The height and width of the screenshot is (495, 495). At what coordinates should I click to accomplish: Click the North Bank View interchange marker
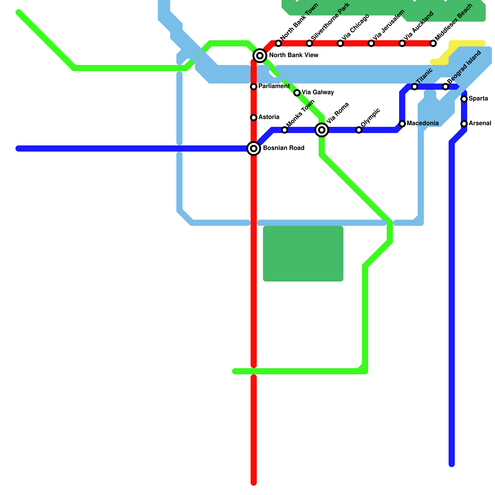[x=260, y=56]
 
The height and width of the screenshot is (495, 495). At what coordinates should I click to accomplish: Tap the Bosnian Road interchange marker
[x=254, y=148]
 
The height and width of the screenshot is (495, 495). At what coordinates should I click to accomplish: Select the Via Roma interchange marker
[x=322, y=130]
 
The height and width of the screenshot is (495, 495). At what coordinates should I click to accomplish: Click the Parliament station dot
[x=254, y=87]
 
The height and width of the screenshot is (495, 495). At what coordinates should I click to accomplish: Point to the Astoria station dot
[x=254, y=118]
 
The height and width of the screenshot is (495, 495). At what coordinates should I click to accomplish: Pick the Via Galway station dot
[x=297, y=93]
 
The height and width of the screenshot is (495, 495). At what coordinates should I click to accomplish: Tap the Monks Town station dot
[x=285, y=130]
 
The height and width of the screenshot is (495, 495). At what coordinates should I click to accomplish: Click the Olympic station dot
[x=359, y=130]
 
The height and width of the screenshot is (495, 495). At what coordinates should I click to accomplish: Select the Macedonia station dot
[x=402, y=124]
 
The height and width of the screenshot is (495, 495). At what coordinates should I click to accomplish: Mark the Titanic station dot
[x=415, y=87]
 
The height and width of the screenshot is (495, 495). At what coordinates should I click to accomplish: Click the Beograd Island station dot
[x=445, y=87]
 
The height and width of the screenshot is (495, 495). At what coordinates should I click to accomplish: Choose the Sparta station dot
[x=464, y=99]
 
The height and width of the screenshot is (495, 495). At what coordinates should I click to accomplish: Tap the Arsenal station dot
[x=464, y=124]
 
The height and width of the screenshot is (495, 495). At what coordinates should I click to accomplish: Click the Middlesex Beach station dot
[x=433, y=43]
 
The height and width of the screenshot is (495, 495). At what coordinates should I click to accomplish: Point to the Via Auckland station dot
[x=402, y=43]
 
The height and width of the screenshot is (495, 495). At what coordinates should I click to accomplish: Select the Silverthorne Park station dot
[x=309, y=43]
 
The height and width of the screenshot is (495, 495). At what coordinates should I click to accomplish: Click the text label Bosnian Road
[x=284, y=148]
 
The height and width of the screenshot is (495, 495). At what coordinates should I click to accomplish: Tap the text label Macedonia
[x=423, y=123]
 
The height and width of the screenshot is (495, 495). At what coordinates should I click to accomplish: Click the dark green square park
[x=303, y=254]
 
